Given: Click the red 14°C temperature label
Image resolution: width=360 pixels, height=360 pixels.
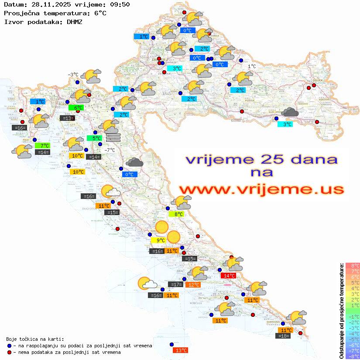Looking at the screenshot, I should (228, 275).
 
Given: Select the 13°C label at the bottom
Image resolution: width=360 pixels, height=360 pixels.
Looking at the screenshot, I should (180, 350).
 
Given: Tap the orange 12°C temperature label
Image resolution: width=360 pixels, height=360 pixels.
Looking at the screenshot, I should (193, 285).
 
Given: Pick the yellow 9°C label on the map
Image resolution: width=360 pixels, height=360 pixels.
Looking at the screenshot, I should (158, 240).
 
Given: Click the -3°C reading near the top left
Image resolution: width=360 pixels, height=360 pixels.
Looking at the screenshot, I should (73, 75).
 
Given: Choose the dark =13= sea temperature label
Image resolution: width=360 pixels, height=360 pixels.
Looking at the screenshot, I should (67, 118).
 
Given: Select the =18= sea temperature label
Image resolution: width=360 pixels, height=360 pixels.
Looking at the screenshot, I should (284, 336).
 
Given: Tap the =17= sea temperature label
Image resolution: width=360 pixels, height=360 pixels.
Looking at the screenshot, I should (176, 285).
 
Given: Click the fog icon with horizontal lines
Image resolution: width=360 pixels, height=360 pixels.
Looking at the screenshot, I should (113, 137).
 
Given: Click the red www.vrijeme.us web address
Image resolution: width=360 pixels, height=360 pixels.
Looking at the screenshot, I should (261, 189).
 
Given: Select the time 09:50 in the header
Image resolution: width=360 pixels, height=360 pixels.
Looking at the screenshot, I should (120, 5).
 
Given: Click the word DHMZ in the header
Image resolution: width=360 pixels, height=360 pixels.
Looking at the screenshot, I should (75, 21).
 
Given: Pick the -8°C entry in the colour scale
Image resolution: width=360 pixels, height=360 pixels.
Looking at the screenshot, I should (353, 356).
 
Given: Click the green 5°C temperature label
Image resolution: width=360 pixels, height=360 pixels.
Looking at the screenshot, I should (94, 138).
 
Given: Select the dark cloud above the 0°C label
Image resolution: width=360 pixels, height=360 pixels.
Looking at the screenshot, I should (134, 163).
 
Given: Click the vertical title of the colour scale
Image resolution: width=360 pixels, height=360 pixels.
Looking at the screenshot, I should (341, 311).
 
